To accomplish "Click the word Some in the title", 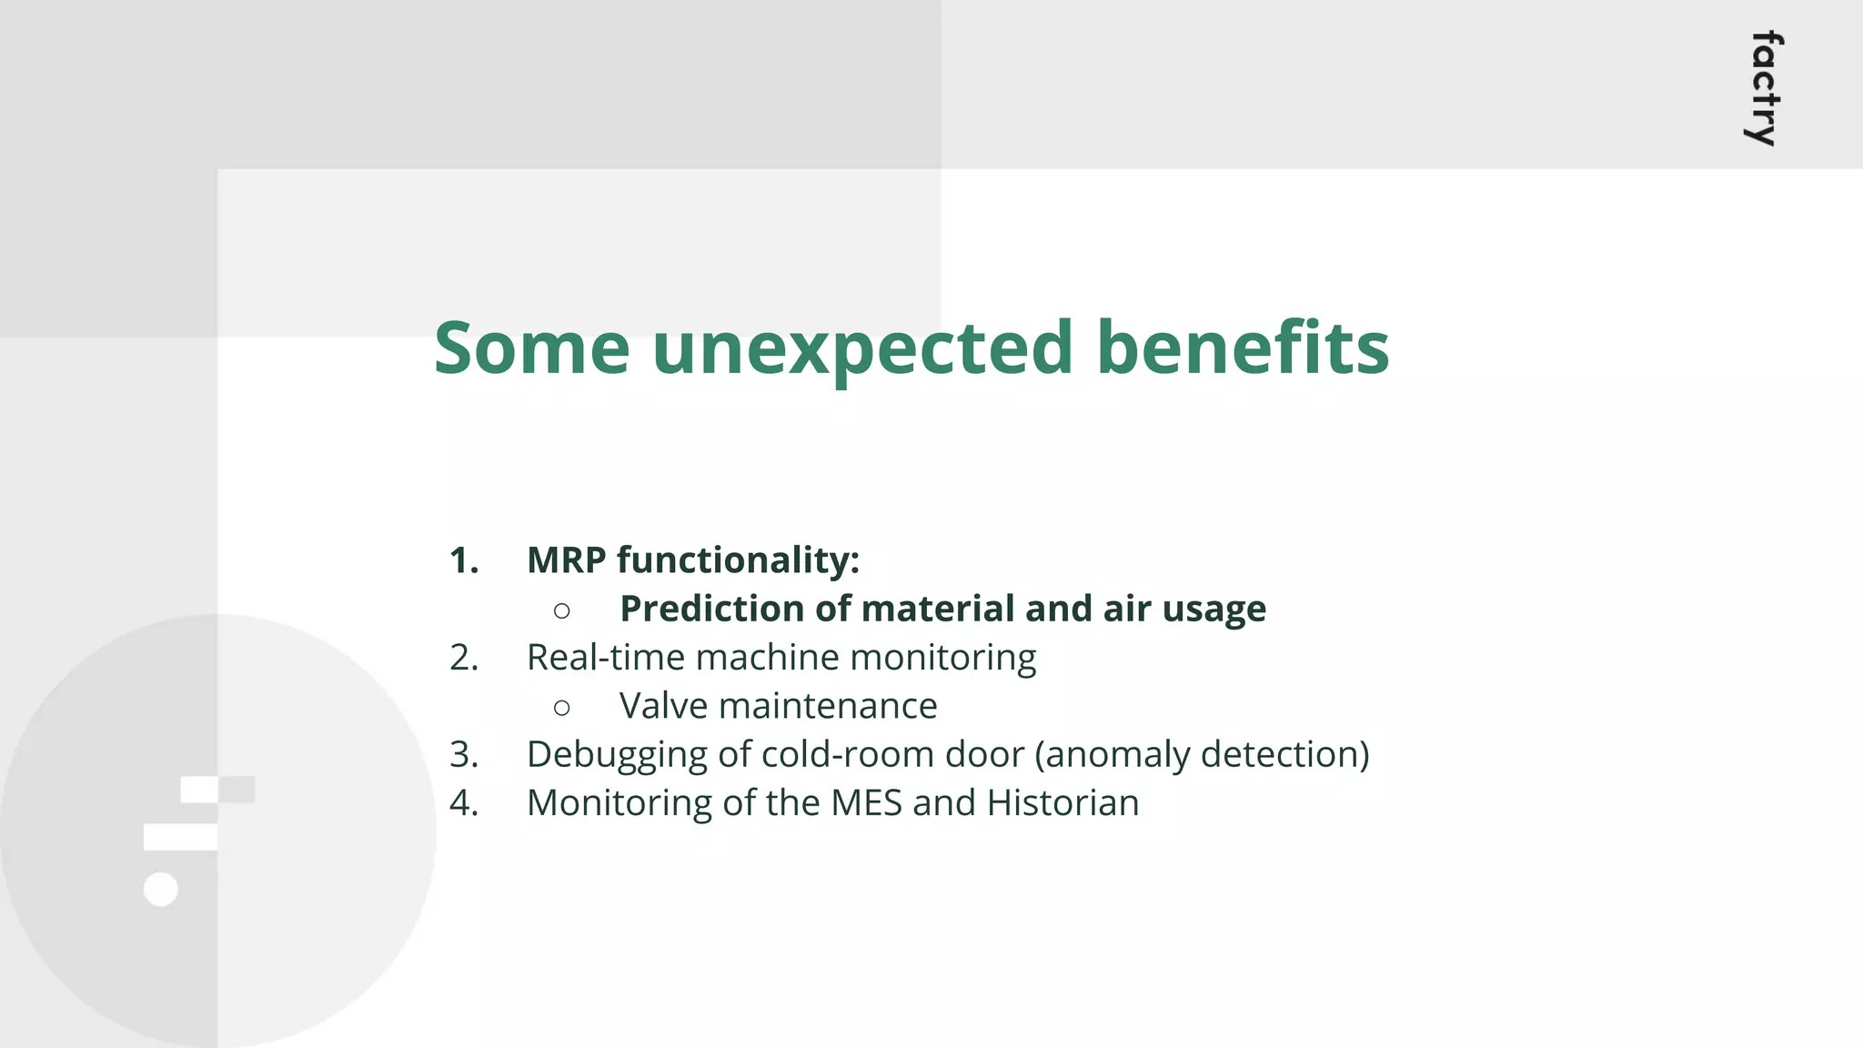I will pos(531,348).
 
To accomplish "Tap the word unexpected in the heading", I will pos(862,348).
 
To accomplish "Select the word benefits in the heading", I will pos(1243,348).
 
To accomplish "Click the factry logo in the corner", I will pos(1766,88).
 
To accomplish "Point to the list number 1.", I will pos(464,560).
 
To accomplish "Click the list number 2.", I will pos(464,658).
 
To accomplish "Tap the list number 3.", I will pos(464,755).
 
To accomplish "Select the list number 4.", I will pos(464,803).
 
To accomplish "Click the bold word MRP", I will pos(567,560).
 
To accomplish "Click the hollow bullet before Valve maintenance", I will pos(562,707).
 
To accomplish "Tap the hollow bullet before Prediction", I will pos(562,610).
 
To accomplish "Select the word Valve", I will pos(663,707).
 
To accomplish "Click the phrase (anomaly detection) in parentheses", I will pos(1202,755).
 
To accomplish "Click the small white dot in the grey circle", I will pos(161,889).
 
